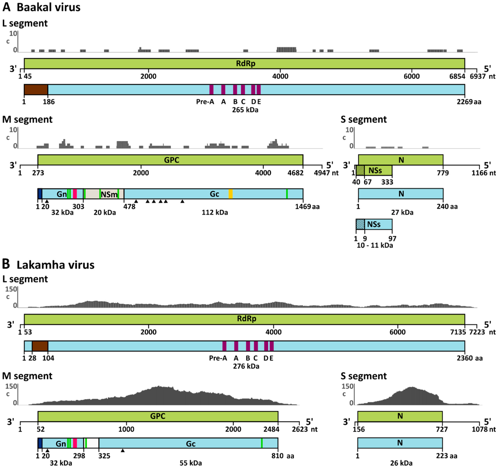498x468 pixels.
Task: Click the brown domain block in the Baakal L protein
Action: coord(36,90)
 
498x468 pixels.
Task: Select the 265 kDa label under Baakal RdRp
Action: coord(245,110)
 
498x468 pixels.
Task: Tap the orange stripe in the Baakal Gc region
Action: coord(230,194)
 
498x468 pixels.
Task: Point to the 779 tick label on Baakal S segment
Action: coord(443,173)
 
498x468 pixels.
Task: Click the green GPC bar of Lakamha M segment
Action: coord(158,416)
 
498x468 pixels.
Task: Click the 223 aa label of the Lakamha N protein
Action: coord(447,456)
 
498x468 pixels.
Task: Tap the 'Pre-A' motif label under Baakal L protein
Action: coord(205,102)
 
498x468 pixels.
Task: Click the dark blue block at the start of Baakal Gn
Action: coord(40,194)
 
